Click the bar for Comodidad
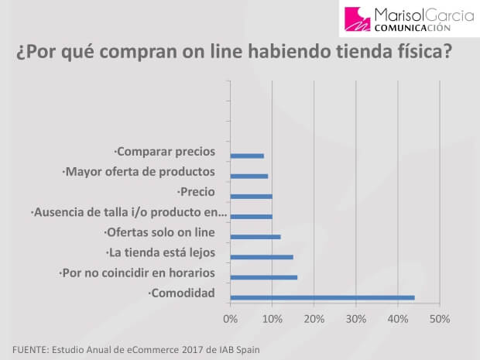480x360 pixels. [322, 297]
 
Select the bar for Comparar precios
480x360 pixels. [247, 156]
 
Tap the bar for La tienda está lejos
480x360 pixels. [262, 257]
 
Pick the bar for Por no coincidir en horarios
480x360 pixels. [264, 277]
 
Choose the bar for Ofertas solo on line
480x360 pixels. [255, 237]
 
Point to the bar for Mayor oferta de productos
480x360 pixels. [249, 176]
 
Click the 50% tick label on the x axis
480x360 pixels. [440, 319]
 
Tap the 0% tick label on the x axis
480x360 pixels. [230, 319]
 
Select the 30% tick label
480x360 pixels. [355, 319]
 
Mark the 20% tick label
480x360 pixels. [314, 319]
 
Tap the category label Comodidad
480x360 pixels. [182, 293]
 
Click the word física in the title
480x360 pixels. [421, 53]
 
